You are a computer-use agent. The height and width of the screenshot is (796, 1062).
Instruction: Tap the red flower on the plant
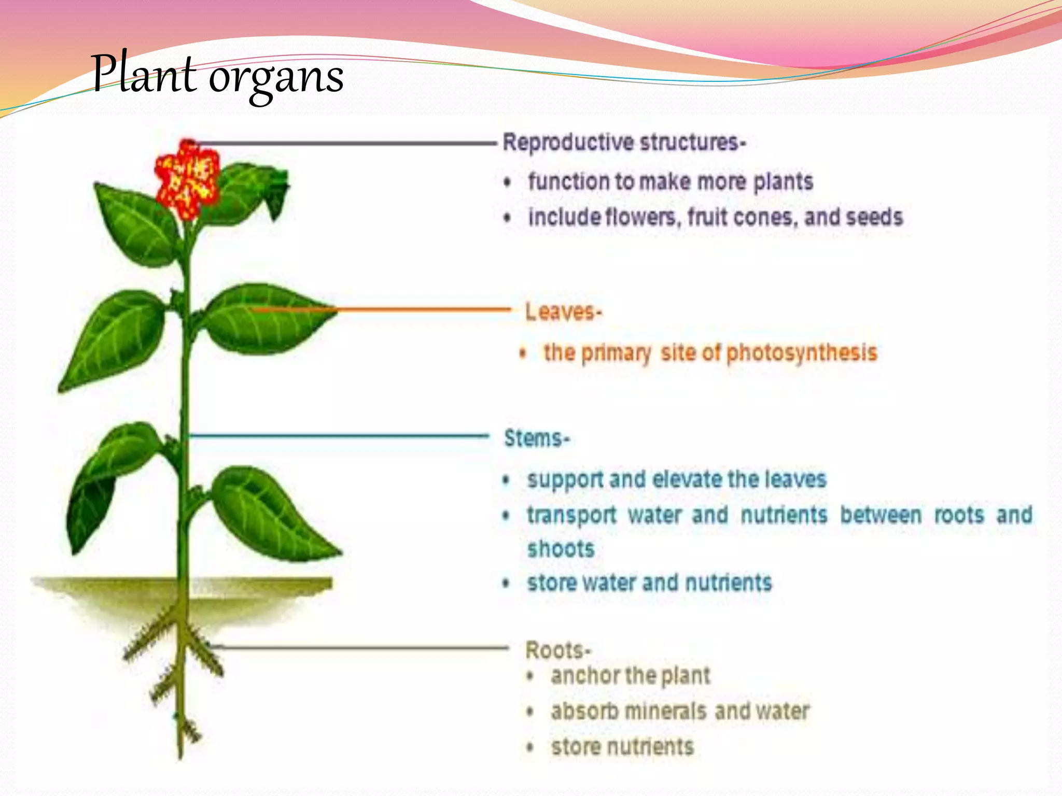187,179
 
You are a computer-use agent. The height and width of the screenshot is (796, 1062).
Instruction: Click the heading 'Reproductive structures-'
624,143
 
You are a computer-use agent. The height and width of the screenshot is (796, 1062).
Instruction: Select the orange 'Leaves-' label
563,312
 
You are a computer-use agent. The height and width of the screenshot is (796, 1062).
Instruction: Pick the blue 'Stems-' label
537,438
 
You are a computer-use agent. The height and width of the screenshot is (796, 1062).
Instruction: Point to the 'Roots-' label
557,650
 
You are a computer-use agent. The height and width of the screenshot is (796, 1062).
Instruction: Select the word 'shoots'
561,549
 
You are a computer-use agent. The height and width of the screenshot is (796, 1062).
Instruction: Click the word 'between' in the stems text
881,515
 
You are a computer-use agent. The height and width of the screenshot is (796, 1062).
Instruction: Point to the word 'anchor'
585,676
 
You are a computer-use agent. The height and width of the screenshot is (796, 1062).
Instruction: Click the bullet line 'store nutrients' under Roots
622,747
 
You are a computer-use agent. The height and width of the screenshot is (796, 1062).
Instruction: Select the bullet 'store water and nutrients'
649,583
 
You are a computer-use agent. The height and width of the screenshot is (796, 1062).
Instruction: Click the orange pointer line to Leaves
415,310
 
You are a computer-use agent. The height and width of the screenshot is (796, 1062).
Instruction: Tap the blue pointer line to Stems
337,436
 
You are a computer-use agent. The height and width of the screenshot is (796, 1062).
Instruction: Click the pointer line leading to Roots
363,647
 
